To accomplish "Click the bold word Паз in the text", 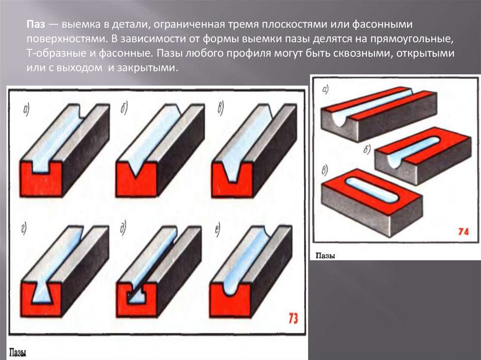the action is click(x=36, y=24).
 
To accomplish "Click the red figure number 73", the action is click(x=293, y=318).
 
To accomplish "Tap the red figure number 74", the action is click(x=463, y=231).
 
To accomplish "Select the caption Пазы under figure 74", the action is click(x=325, y=256).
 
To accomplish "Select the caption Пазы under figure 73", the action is click(x=17, y=352).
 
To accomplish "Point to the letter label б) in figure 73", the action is click(x=124, y=108).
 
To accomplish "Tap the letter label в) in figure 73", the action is click(x=221, y=108).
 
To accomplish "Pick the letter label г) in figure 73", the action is click(x=24, y=229).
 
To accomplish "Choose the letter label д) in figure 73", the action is click(x=123, y=228).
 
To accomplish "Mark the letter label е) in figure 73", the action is click(x=217, y=230).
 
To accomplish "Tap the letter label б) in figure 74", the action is click(x=367, y=149).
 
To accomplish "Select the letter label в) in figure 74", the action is click(x=325, y=169).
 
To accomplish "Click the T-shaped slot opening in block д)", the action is click(x=136, y=295).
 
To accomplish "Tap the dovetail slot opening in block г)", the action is click(x=42, y=292).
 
